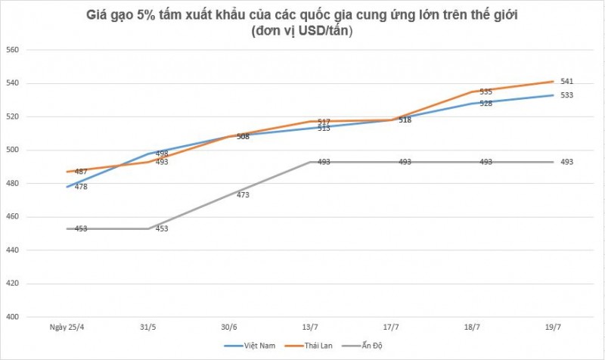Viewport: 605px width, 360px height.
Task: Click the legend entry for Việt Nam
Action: tap(255, 346)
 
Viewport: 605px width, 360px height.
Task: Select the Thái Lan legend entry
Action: tap(315, 346)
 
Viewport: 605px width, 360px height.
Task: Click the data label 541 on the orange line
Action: tap(566, 81)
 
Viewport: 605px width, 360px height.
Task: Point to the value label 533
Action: tap(566, 95)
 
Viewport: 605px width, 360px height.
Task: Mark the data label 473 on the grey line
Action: tap(243, 194)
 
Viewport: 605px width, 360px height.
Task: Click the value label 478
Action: tap(81, 186)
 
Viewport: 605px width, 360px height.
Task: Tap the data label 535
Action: tap(486, 92)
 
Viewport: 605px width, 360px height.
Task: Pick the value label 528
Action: tap(486, 103)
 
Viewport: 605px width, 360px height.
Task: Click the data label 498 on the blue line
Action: tap(162, 154)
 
